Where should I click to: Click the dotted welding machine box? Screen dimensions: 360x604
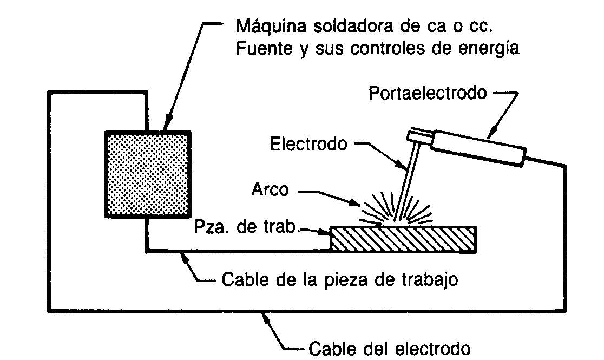click(x=147, y=174)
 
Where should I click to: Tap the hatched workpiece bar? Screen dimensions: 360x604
click(x=404, y=239)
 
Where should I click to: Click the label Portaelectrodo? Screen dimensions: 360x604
click(x=428, y=94)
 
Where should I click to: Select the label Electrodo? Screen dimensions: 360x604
click(x=308, y=144)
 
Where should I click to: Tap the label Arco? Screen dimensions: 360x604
click(x=271, y=191)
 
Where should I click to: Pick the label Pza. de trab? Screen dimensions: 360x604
click(x=246, y=227)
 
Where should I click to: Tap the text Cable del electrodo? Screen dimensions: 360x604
click(x=389, y=347)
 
